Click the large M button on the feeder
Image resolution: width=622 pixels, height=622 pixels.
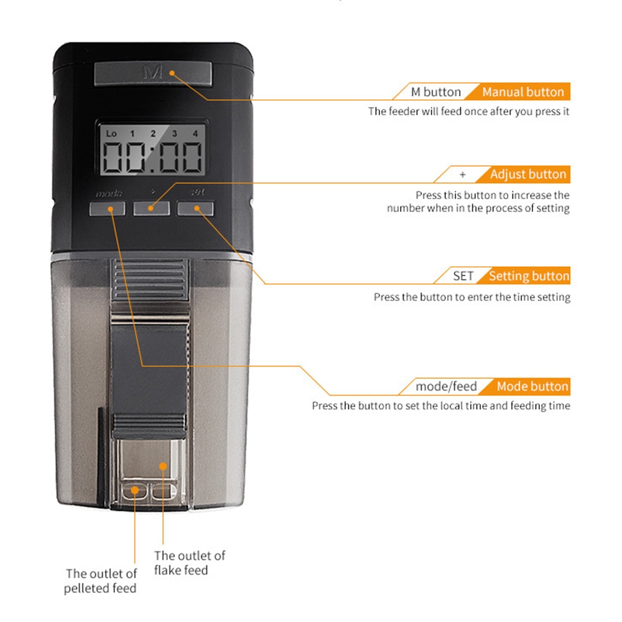pyautogui.click(x=152, y=73)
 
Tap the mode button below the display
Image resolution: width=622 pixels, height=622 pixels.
pyautogui.click(x=106, y=208)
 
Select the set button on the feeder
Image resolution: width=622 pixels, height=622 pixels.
pyautogui.click(x=195, y=208)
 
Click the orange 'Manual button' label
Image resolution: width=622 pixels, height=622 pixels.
pyautogui.click(x=522, y=92)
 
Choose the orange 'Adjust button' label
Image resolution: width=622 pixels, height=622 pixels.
pyautogui.click(x=527, y=174)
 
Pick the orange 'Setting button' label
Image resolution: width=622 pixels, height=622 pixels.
pyautogui.click(x=529, y=276)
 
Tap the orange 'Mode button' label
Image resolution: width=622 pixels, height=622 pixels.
pyautogui.click(x=532, y=386)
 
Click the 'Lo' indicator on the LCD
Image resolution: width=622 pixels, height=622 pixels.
pyautogui.click(x=111, y=133)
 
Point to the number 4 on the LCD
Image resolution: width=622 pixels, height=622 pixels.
pyautogui.click(x=195, y=133)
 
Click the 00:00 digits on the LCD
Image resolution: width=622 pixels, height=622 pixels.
pyautogui.click(x=152, y=158)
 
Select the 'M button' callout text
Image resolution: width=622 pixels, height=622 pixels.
pyautogui.click(x=436, y=92)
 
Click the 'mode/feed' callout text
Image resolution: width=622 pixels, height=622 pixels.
pyautogui.click(x=447, y=386)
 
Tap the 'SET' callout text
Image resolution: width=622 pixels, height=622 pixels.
pyautogui.click(x=463, y=276)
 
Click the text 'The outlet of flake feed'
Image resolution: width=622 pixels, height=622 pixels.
pyautogui.click(x=190, y=562)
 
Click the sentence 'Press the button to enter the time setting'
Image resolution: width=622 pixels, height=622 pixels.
pyautogui.click(x=471, y=297)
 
